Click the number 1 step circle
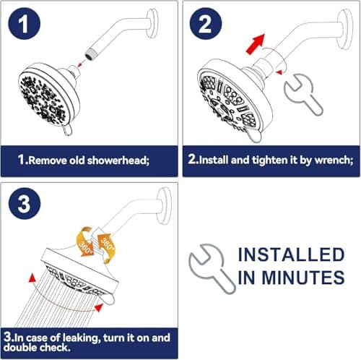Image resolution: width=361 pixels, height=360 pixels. [x=25, y=26]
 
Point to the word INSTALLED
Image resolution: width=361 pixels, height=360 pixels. [x=290, y=254]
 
